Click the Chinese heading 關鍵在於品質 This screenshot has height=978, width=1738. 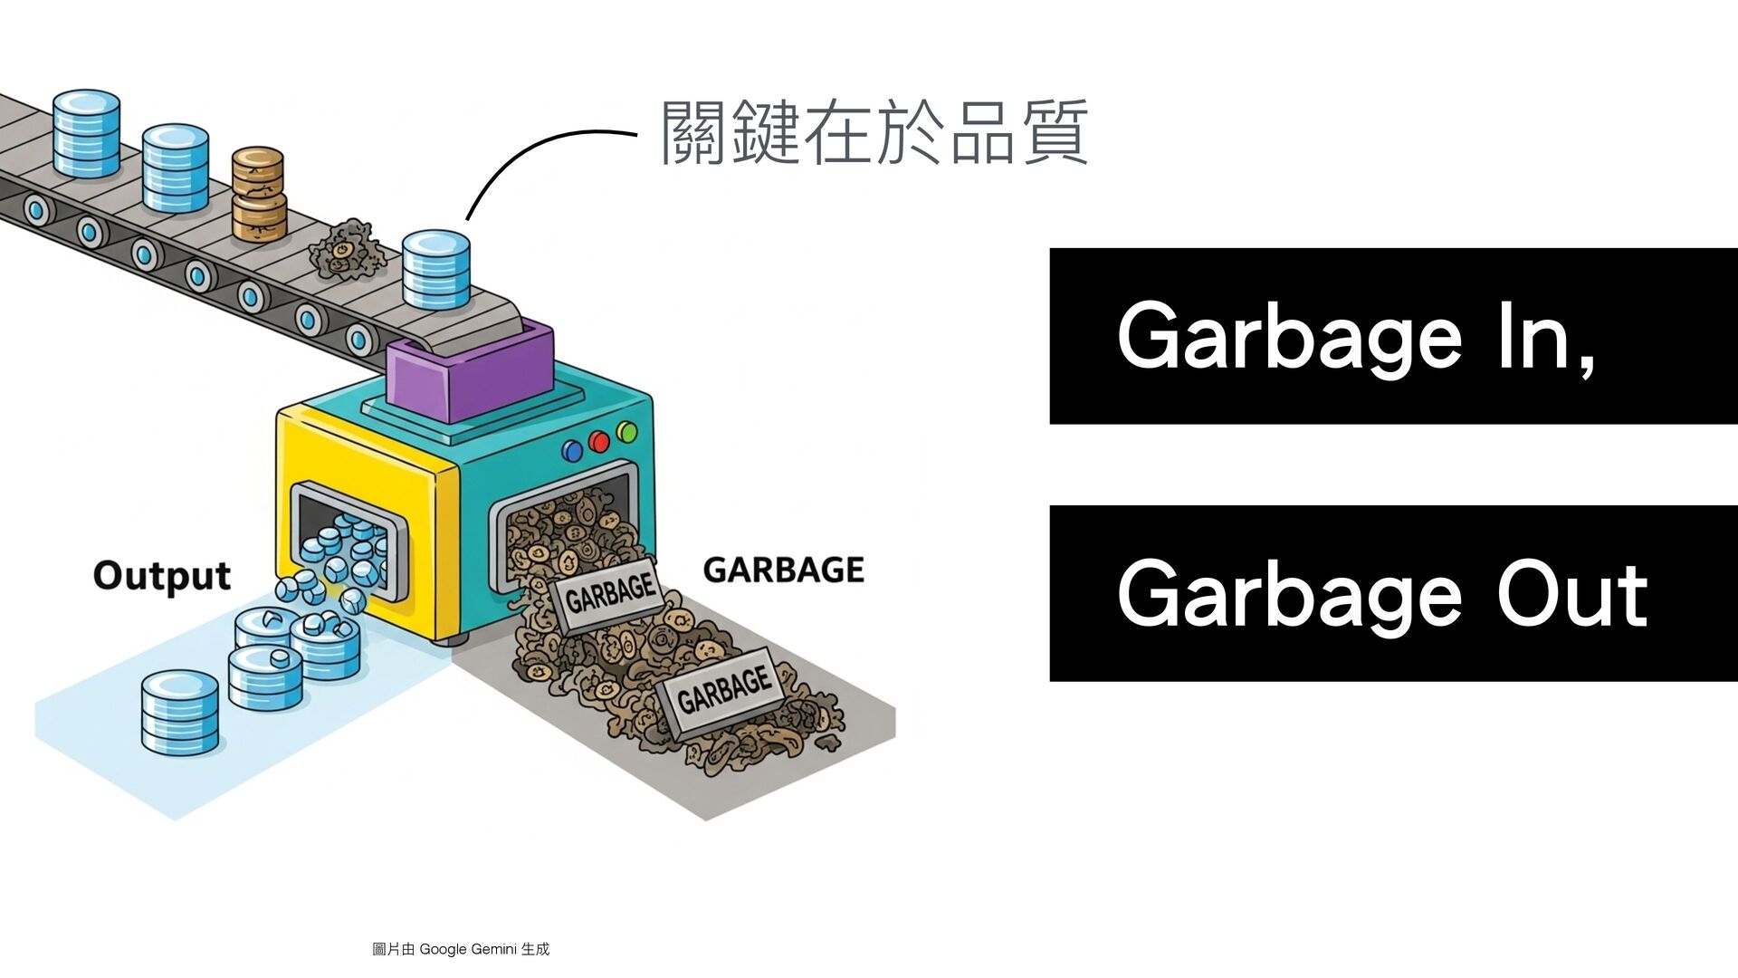coord(874,133)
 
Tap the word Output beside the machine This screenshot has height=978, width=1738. coord(161,576)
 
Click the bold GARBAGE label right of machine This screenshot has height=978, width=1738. coord(783,570)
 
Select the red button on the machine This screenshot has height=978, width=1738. coord(599,441)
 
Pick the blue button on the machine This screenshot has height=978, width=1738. coord(572,450)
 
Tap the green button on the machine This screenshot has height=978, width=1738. coord(626,432)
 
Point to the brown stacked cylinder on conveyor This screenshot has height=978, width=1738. coord(258,193)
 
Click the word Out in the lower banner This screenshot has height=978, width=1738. coord(1571,595)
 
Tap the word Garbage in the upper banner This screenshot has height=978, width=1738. coord(1289,337)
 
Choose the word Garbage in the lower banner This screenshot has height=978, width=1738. coord(1289,595)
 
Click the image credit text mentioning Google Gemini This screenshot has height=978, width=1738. coord(461,949)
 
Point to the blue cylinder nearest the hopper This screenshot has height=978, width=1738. coord(436,269)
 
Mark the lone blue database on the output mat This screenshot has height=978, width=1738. coord(180,713)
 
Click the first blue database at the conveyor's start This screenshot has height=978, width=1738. coord(86,132)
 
